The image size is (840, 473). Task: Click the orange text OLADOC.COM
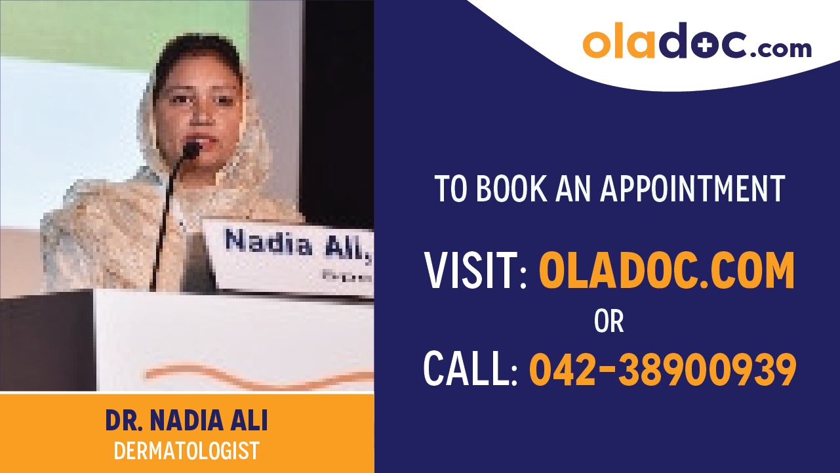click(x=666, y=270)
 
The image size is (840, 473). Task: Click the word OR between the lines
click(x=609, y=321)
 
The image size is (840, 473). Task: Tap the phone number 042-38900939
click(x=662, y=369)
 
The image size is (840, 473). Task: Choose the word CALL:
click(x=471, y=369)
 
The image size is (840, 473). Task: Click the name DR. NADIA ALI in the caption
click(x=187, y=421)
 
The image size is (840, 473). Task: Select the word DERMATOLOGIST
click(x=187, y=451)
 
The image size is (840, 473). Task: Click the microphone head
click(x=191, y=151)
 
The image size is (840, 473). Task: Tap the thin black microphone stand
click(x=164, y=223)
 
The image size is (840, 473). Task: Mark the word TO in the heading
click(x=450, y=188)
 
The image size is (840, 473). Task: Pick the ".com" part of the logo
click(x=780, y=48)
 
